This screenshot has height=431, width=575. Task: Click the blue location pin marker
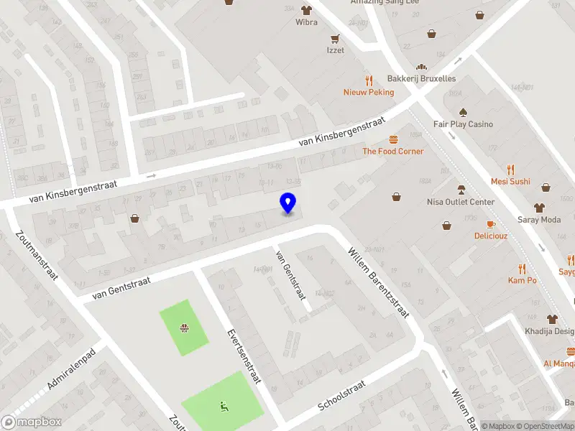tap(288, 203)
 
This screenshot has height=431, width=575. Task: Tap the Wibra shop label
tap(306, 22)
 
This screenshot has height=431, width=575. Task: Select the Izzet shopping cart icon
tap(335, 38)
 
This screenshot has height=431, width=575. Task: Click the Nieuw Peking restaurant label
tap(369, 92)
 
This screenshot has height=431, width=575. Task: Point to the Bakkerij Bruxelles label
tap(421, 78)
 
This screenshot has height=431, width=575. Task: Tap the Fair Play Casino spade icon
tap(463, 112)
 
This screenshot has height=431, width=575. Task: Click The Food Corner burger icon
tap(393, 139)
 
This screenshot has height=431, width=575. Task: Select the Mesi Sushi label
tap(510, 182)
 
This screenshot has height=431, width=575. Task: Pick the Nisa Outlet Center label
tap(461, 202)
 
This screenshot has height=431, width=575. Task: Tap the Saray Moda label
tap(539, 219)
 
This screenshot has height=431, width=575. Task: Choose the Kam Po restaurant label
tap(523, 280)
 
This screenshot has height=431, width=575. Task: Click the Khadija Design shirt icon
tap(552, 318)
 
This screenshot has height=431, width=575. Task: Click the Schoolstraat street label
tap(341, 396)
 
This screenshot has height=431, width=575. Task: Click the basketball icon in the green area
tap(184, 329)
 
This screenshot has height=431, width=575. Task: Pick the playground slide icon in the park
tap(223, 407)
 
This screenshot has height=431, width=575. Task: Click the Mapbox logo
tap(31, 422)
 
